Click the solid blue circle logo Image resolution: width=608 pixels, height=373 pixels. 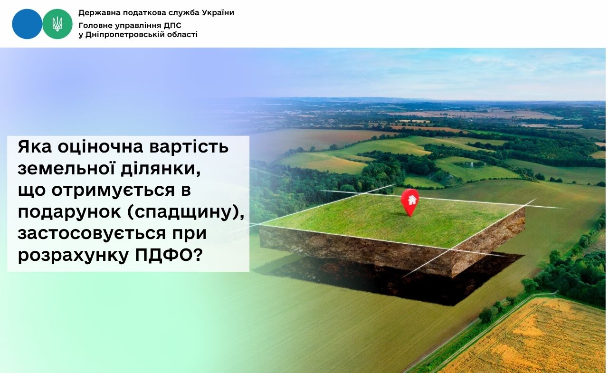point(27,24)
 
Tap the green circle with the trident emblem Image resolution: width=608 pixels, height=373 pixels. point(57,24)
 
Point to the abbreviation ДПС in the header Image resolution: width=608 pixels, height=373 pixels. point(172,26)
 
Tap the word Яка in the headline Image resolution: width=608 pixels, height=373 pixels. point(35,147)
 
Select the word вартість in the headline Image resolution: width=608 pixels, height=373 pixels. point(189,147)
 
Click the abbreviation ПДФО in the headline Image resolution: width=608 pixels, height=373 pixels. point(169,255)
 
